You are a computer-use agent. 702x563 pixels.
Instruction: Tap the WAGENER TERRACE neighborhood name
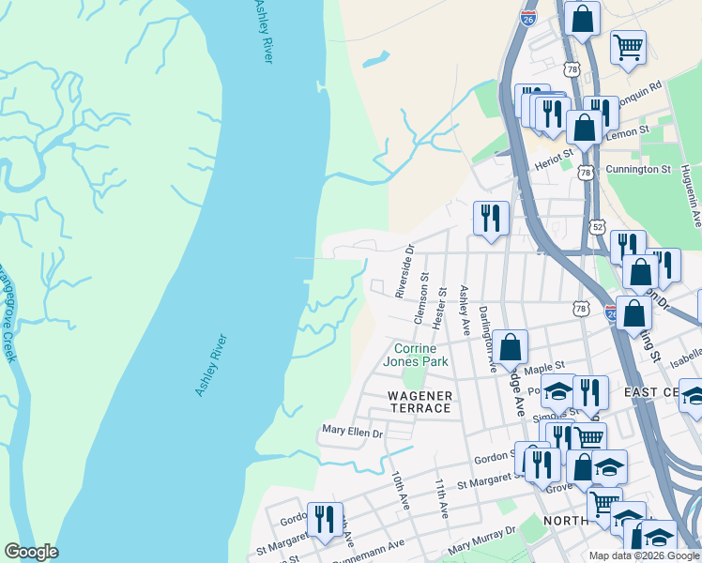pos(420,402)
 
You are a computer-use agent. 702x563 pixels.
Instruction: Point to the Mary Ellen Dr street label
pos(353,433)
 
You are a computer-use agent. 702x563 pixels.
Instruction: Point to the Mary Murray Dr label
pos(482,541)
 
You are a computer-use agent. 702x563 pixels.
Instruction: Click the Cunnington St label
pos(638,170)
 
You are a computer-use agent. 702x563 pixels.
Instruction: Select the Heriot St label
pos(554,157)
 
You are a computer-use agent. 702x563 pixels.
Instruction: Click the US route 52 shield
pos(599,227)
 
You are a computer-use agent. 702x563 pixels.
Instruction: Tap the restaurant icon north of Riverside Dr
pos(491,218)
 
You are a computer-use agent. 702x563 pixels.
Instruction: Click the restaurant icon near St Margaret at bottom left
pos(325,519)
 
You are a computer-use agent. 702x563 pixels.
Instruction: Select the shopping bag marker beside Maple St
pos(510,347)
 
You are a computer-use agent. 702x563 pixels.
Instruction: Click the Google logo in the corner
pos(31,552)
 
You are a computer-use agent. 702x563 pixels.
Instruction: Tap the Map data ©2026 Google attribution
pos(644,555)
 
